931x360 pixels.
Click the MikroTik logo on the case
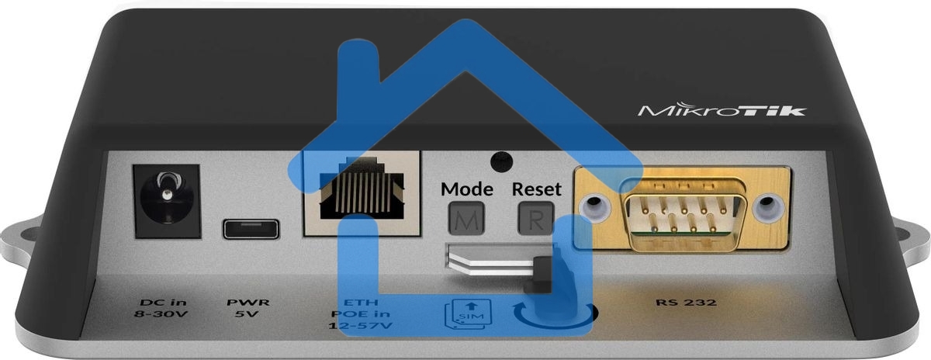(722, 110)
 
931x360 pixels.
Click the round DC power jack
(166, 199)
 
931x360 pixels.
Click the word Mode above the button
(466, 189)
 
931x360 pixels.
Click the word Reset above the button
(537, 189)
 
